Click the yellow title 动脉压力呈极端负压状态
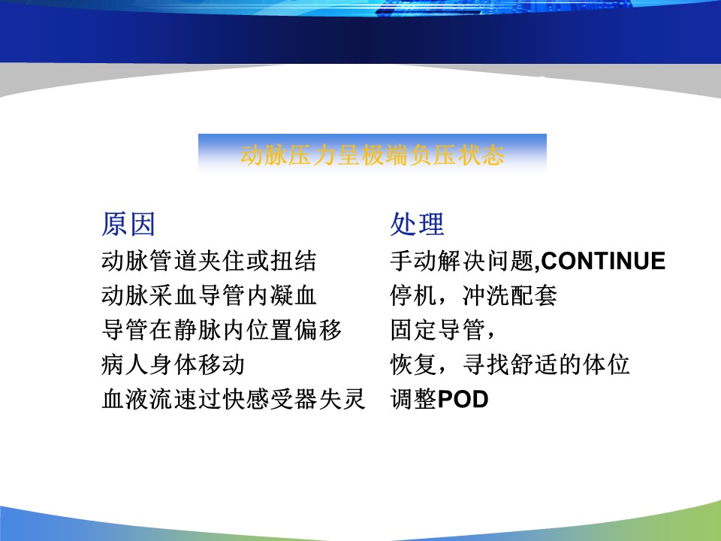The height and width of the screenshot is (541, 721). pos(373,155)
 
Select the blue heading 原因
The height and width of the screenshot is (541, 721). pos(128,225)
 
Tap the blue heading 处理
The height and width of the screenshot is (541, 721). pos(417,225)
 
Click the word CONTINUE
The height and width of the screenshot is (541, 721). pos(603,261)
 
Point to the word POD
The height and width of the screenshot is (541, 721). pos(463,399)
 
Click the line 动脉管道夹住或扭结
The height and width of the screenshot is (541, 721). pos(209,261)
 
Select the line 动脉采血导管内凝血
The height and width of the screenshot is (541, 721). pos(209,295)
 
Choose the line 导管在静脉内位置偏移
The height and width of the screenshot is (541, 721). pos(221,330)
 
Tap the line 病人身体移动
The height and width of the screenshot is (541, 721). pos(173,364)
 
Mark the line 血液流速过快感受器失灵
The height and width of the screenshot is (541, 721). pos(234,399)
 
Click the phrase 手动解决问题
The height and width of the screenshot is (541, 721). pos(462,261)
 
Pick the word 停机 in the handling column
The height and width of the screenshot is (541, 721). pos(414,295)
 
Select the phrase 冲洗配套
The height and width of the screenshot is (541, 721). pos(509,295)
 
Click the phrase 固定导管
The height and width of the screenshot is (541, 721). pos(438,330)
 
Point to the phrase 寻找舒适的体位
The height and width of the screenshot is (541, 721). pos(546,364)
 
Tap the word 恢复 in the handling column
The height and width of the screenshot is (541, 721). pos(414,364)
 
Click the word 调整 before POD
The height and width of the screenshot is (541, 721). pos(413,399)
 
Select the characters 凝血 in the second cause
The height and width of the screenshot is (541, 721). pos(293,295)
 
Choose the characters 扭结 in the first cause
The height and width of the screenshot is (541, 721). pos(293,261)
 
